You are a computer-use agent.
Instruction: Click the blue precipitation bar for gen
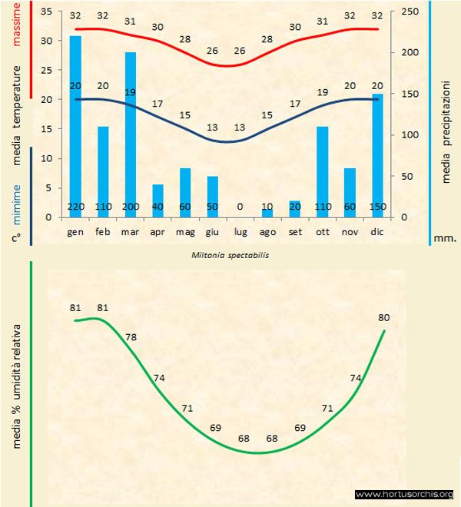(x=75, y=123)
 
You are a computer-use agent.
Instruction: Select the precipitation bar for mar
(x=131, y=131)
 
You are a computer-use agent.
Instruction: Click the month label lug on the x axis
(x=240, y=230)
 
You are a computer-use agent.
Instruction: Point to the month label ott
(x=323, y=230)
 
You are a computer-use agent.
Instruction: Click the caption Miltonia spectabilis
(x=225, y=254)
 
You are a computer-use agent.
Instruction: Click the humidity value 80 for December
(x=385, y=317)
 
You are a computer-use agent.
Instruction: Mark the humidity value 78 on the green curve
(x=131, y=337)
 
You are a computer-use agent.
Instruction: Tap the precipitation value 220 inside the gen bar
(x=75, y=207)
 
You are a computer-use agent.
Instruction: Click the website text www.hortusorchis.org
(x=404, y=494)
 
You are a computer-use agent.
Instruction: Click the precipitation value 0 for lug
(x=240, y=207)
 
